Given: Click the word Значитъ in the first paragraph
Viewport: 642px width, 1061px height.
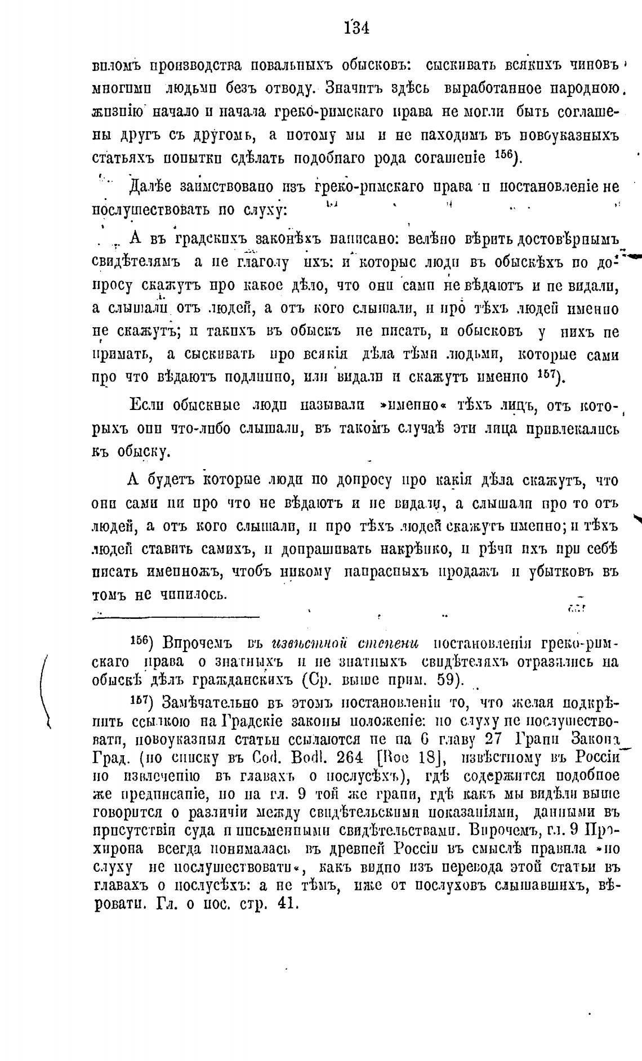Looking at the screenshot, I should pyautogui.click(x=361, y=88).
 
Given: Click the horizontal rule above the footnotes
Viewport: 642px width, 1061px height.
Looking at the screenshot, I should pyautogui.click(x=175, y=619).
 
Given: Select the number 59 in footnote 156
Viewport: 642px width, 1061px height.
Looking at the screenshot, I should pyautogui.click(x=448, y=680).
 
